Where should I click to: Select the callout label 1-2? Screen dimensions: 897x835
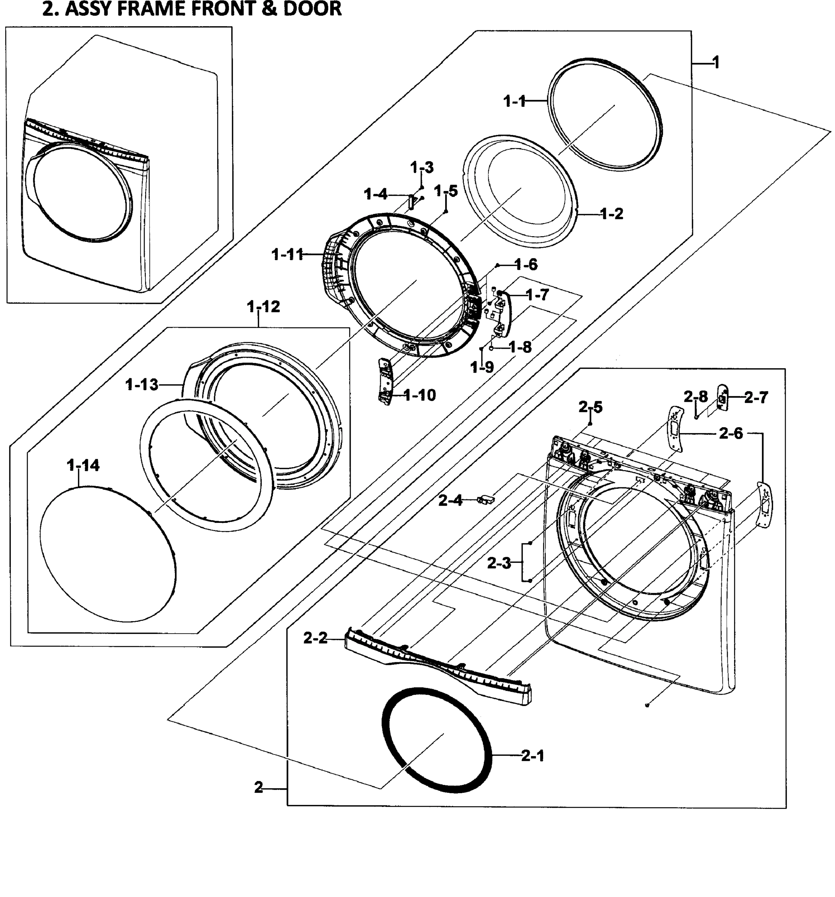pos(611,213)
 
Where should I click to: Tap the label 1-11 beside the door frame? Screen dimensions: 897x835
pos(287,255)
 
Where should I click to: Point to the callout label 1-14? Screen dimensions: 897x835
pos(83,465)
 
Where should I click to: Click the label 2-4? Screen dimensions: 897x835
pos(450,500)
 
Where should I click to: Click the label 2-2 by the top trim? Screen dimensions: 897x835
pos(315,638)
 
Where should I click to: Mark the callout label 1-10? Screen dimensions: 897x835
pos(420,395)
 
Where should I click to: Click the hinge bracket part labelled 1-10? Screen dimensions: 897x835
pos(385,382)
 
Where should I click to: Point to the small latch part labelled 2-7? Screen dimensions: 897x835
pos(722,398)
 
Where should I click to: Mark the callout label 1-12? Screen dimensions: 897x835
pos(263,307)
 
